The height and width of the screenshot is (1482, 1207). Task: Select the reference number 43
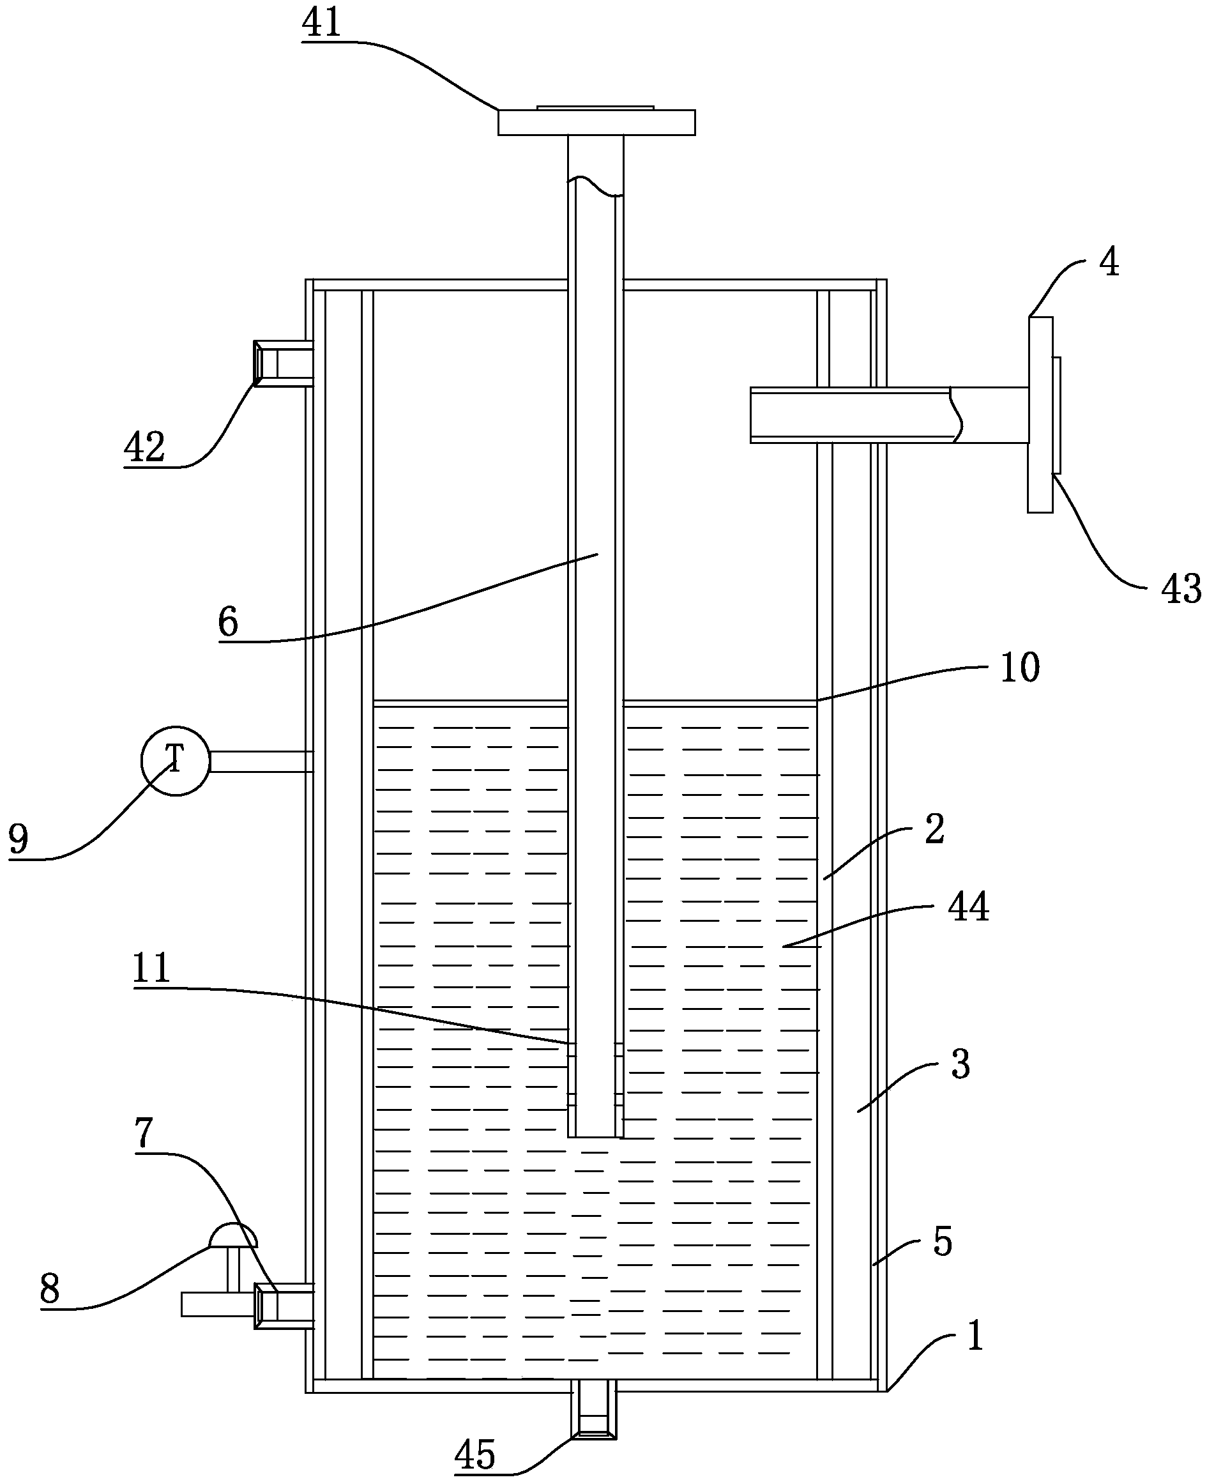1181,588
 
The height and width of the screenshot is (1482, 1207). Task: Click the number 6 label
228,621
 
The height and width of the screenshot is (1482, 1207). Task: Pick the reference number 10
1020,667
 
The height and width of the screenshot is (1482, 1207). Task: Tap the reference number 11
151,966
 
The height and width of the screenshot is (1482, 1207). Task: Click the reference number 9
19,838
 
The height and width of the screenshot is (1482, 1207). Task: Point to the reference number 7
143,1132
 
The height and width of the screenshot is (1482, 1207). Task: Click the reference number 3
960,1064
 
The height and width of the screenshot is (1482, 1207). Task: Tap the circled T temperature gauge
175,761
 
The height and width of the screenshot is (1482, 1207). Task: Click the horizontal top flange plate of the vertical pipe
596,122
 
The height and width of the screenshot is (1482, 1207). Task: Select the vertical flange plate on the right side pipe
1040,415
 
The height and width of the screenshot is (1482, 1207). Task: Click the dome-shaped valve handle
233,1235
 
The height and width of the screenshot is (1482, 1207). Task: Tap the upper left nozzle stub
283,362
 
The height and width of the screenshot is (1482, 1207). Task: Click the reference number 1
975,1334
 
